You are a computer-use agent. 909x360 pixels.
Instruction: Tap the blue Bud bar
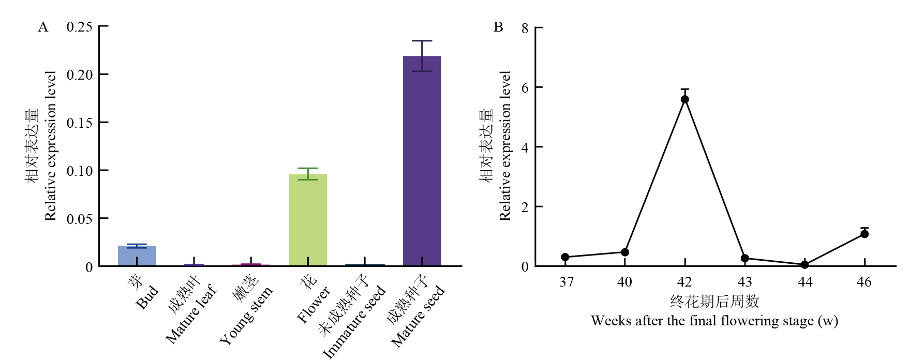coord(137,256)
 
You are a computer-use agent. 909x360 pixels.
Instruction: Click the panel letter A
coord(43,27)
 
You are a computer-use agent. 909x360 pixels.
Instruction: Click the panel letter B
coord(498,27)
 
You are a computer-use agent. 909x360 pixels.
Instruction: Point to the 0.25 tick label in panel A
coord(79,26)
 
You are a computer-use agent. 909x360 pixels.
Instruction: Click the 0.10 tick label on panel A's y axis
coord(79,171)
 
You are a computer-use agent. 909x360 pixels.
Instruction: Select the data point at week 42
coord(684,99)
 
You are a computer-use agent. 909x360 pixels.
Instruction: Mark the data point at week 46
coord(865,234)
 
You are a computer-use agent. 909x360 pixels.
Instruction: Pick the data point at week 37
coord(565,257)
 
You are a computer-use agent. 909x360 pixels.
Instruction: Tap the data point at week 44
coord(804,265)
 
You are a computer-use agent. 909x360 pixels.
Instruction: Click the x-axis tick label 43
coord(744,282)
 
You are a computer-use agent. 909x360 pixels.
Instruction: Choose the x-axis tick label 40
coord(624,282)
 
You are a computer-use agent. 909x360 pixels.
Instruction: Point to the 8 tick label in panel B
coord(525,28)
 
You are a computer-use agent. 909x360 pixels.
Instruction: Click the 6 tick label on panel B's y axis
coord(525,87)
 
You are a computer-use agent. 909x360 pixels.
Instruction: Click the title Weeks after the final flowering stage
coord(714,321)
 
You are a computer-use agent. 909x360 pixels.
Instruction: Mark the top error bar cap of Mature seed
coord(422,41)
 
